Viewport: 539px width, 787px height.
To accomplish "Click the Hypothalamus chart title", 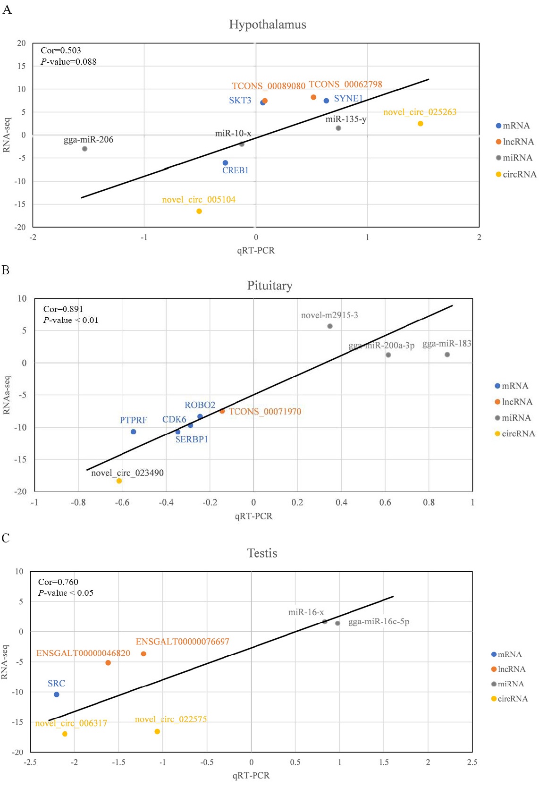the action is (x=268, y=24).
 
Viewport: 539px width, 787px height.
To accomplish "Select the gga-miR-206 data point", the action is (x=84, y=149).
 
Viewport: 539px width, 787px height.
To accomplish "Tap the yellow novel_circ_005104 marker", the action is (x=199, y=211).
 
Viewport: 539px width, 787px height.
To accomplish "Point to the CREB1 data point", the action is (x=226, y=163).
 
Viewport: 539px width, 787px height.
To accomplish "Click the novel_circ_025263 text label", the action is (x=420, y=112).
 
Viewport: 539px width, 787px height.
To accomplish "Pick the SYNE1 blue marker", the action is (x=326, y=101).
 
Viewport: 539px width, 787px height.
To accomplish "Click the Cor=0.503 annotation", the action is (x=61, y=50).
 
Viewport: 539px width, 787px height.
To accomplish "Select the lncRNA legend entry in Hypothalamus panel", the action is (x=515, y=142).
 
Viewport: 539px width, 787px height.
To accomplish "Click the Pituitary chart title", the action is (x=269, y=285).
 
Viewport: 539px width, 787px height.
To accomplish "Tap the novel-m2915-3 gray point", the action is (x=330, y=326).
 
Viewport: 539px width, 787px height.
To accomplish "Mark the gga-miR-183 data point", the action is (x=447, y=355).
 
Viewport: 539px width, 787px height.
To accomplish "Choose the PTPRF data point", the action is (x=134, y=432).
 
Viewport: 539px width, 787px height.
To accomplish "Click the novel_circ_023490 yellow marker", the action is (x=119, y=481).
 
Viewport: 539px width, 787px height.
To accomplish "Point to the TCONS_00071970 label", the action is (x=265, y=411).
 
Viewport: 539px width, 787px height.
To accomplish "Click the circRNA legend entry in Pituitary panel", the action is (x=515, y=433).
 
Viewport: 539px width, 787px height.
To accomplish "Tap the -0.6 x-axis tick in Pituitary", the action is (x=122, y=502).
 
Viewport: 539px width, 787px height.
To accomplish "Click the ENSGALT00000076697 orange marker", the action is (x=143, y=653).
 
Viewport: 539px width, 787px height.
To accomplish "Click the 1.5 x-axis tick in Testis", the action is (x=384, y=762).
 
